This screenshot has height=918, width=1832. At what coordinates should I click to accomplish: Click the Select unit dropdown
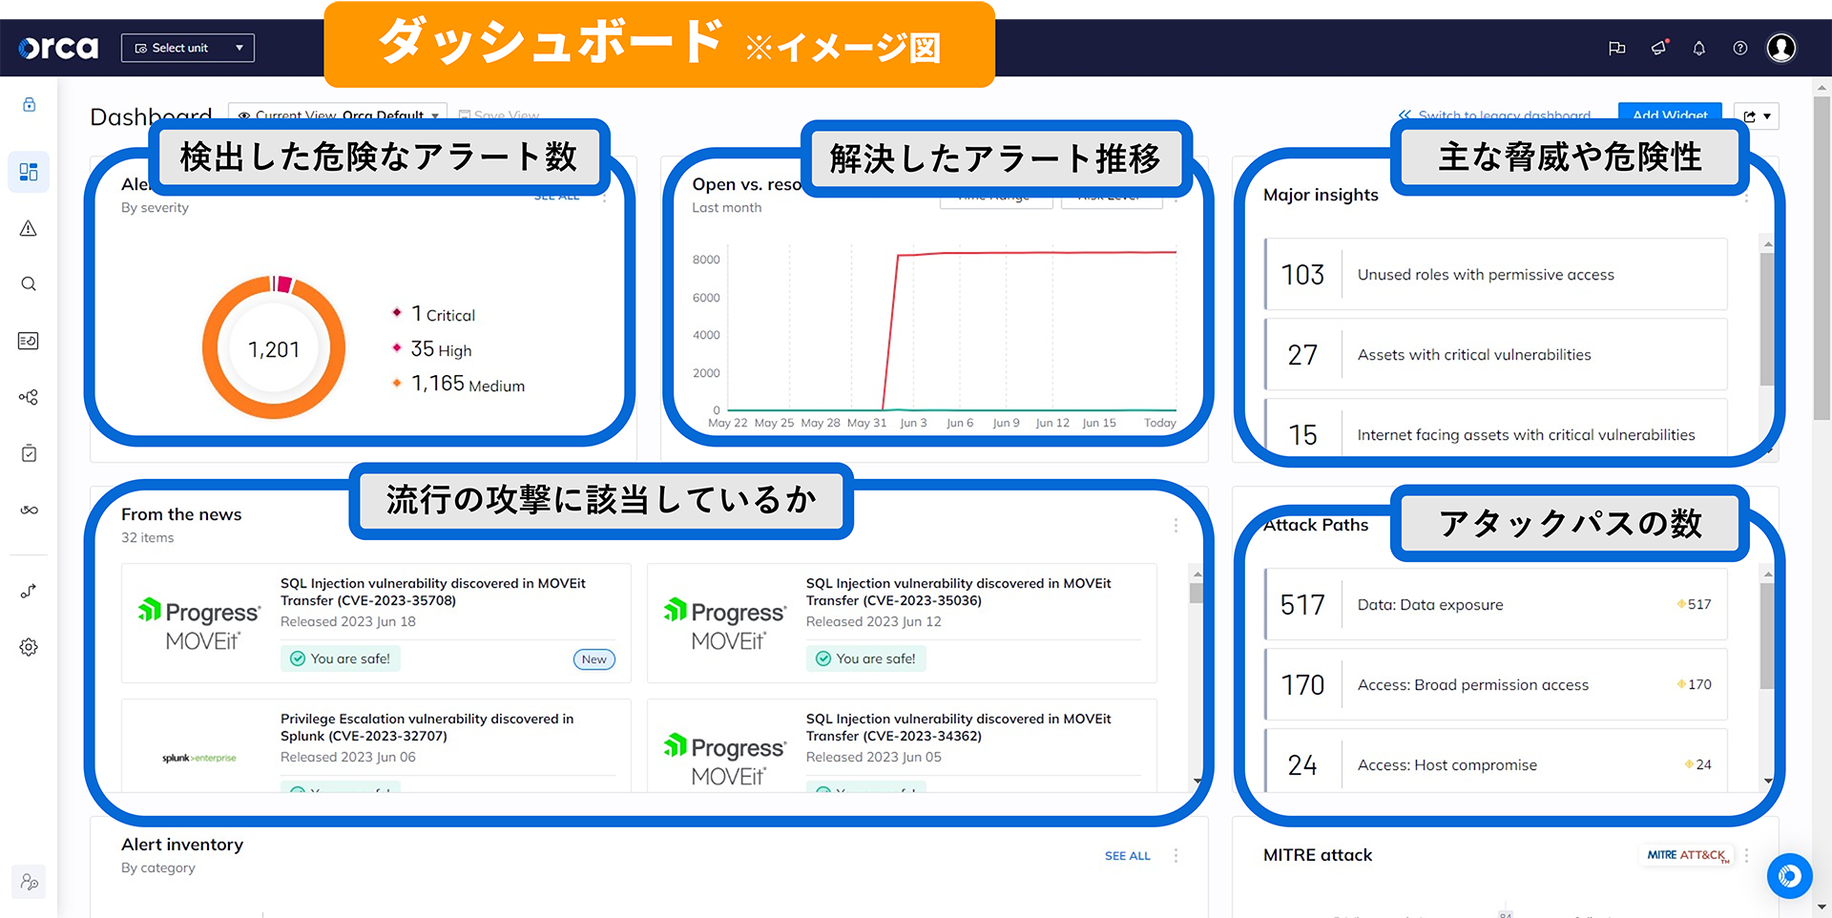point(188,48)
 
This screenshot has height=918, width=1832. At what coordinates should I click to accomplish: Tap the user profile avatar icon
point(1780,48)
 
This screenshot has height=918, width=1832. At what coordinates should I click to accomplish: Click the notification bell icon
point(1698,49)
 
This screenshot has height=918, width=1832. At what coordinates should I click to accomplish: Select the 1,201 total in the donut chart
point(274,349)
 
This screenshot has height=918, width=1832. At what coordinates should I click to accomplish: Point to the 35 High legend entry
point(440,349)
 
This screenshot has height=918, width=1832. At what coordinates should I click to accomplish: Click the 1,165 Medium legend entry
point(467,384)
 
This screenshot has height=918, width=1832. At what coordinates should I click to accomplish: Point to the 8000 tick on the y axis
point(706,260)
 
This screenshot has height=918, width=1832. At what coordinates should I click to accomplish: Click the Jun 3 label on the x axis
point(913,423)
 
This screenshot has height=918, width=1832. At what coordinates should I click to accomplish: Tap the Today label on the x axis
point(1159,423)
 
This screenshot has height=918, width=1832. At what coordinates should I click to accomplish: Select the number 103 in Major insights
point(1302,275)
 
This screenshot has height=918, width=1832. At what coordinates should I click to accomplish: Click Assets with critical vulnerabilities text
point(1473,355)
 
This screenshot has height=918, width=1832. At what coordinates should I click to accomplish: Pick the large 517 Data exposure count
point(1302,605)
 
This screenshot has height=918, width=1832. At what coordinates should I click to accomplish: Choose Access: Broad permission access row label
point(1472,685)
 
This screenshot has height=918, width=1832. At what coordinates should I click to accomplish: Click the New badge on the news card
point(593,659)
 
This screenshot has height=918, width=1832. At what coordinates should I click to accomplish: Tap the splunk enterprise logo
point(198,758)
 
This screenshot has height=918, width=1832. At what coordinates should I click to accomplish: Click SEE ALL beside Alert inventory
point(1127,856)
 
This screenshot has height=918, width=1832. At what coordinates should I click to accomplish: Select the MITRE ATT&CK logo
point(1687,855)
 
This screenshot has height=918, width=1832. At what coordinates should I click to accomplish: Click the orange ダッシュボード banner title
point(550,42)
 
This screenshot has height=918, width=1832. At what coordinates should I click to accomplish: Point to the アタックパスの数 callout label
point(1570,523)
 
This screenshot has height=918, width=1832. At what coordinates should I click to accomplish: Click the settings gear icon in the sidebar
point(29,647)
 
